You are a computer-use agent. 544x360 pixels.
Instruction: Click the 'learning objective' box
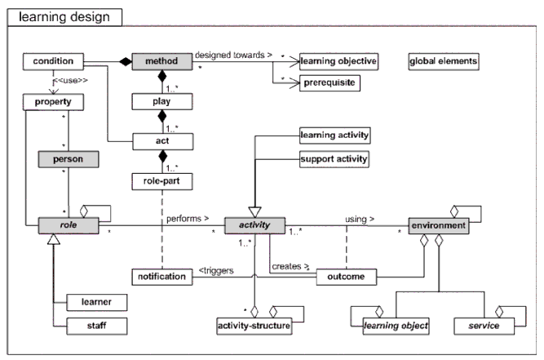(x=337, y=61)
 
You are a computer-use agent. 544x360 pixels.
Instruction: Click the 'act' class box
(x=161, y=140)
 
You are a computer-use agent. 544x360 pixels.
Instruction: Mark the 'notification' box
(x=161, y=277)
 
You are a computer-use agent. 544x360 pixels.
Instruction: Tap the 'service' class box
(x=484, y=326)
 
